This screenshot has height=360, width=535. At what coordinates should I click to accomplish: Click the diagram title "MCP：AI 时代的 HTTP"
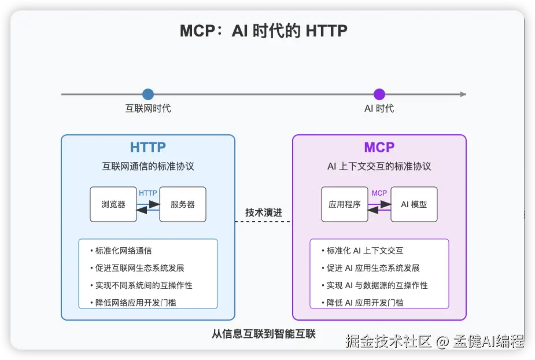[264, 31]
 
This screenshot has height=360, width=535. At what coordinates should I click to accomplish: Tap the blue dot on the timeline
[148, 94]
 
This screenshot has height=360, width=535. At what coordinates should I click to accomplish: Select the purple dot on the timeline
[379, 94]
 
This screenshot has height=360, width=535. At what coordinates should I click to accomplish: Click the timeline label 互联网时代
[148, 109]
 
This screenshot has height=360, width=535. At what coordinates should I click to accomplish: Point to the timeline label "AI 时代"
[379, 109]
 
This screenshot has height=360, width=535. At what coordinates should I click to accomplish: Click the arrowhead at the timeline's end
[463, 94]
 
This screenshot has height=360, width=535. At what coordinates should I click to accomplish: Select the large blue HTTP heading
[148, 147]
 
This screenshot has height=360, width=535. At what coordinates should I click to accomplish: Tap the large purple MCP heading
[379, 147]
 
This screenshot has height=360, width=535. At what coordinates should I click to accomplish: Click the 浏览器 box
[113, 204]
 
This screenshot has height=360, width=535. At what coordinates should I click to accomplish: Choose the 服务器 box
[183, 204]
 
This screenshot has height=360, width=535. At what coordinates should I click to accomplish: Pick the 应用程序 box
[345, 204]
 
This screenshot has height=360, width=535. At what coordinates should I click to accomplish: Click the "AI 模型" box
[414, 204]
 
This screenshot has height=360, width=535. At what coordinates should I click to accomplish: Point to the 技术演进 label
[264, 212]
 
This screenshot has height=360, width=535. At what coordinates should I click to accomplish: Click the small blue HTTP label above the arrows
[148, 193]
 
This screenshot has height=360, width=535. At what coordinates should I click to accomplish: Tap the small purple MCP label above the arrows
[379, 193]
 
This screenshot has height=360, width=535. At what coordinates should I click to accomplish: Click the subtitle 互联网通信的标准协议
[148, 166]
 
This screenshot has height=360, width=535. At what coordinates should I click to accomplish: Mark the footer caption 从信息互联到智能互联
[264, 334]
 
